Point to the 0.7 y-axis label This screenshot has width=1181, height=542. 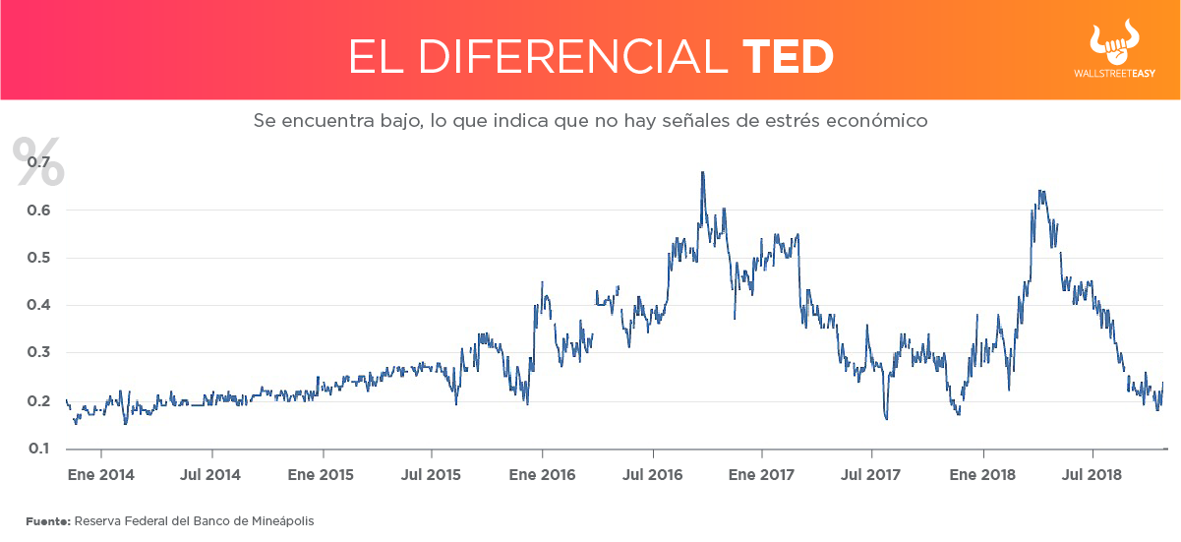point(40,161)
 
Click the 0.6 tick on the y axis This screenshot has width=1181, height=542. point(40,210)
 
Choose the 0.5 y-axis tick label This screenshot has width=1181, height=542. point(40,258)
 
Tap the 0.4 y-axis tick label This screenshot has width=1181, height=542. point(40,305)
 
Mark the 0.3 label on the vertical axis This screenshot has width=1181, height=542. point(40,353)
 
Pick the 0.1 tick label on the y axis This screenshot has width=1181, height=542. point(40,449)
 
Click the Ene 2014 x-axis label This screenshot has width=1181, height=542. point(101,474)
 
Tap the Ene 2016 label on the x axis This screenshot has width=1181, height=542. point(542,474)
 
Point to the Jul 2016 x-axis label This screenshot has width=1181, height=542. point(653,474)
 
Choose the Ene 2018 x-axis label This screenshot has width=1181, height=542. point(982,474)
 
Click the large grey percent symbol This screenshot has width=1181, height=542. point(37,161)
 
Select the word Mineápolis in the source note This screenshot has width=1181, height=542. point(281,520)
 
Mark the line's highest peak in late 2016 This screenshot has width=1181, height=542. point(702,173)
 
